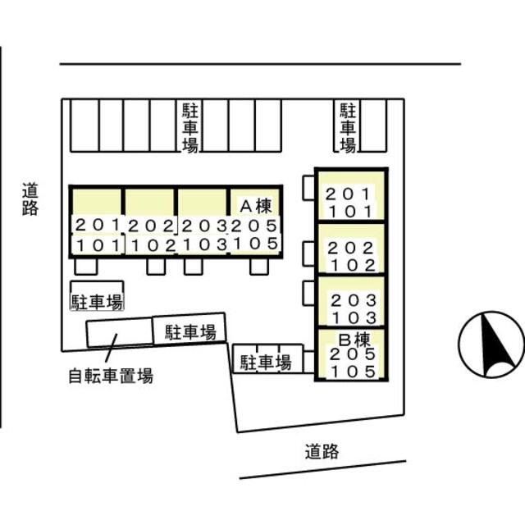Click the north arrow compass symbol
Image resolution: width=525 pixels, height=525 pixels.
[491, 345]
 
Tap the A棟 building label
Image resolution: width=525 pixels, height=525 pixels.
[256, 206]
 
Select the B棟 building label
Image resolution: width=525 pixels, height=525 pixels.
[354, 340]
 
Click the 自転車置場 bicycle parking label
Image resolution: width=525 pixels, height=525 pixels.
[111, 376]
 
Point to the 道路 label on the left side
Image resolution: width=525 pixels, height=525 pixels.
[30, 199]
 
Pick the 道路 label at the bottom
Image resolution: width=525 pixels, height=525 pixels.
[322, 451]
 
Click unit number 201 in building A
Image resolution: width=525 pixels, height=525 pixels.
[98, 225]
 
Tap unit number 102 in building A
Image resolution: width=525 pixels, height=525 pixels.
[153, 246]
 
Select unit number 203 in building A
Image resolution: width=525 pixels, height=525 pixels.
[204, 226]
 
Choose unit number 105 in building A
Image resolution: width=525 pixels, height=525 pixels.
[255, 244]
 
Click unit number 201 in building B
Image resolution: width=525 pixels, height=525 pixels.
[348, 194]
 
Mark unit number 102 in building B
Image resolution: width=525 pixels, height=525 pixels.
[353, 266]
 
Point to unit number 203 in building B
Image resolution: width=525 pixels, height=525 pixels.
[354, 301]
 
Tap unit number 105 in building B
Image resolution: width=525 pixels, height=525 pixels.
[354, 372]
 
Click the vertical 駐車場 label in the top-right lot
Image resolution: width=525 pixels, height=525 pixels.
[348, 128]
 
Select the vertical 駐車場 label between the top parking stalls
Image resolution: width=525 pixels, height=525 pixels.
[189, 128]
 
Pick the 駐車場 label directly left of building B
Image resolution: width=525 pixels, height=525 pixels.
[266, 363]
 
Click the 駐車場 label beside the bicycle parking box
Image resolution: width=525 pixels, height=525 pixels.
[190, 332]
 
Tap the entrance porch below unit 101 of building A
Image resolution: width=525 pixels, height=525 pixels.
[86, 267]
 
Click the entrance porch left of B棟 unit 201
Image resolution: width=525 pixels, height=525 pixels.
[308, 188]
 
